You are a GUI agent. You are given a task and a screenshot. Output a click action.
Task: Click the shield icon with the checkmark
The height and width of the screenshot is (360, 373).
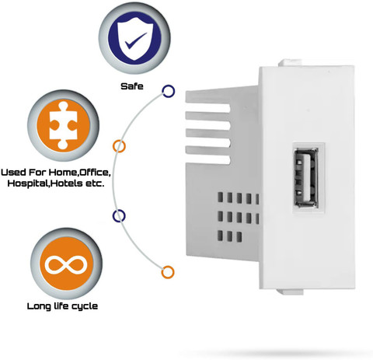(x=134, y=38)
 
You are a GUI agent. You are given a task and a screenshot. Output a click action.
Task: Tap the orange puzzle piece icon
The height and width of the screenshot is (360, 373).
(x=64, y=125)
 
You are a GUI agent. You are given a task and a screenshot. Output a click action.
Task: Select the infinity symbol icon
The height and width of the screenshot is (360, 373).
(x=66, y=264)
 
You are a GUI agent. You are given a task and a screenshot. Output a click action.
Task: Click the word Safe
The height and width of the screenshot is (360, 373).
(x=132, y=86)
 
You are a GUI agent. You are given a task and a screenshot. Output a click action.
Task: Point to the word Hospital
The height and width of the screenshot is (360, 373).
(x=28, y=183)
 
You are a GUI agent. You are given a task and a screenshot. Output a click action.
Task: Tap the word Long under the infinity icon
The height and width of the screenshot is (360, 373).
(x=39, y=306)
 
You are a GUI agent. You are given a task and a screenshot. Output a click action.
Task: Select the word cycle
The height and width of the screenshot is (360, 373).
(x=85, y=306)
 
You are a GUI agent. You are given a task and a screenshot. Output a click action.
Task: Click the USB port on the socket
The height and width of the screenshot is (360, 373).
(x=306, y=177)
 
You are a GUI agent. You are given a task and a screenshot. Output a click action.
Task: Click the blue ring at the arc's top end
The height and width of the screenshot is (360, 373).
(x=169, y=91)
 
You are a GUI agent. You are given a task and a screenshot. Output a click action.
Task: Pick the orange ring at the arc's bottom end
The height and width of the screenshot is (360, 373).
(x=168, y=272)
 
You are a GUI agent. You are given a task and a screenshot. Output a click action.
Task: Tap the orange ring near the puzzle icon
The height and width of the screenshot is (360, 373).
(x=119, y=146)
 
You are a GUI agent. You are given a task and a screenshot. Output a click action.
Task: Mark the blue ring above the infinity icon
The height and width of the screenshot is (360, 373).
(x=119, y=216)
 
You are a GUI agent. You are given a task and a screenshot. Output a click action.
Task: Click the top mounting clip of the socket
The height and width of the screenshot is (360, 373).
(x=290, y=63)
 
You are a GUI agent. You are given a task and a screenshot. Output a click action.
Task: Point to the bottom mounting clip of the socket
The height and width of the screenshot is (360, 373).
(x=290, y=292)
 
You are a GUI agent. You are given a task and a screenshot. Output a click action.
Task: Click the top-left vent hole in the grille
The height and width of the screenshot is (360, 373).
(x=220, y=197)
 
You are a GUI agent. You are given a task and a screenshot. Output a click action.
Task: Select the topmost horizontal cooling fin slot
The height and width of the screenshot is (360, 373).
(x=207, y=108)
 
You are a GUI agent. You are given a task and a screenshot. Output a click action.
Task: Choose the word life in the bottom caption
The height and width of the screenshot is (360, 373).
(x=61, y=306)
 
